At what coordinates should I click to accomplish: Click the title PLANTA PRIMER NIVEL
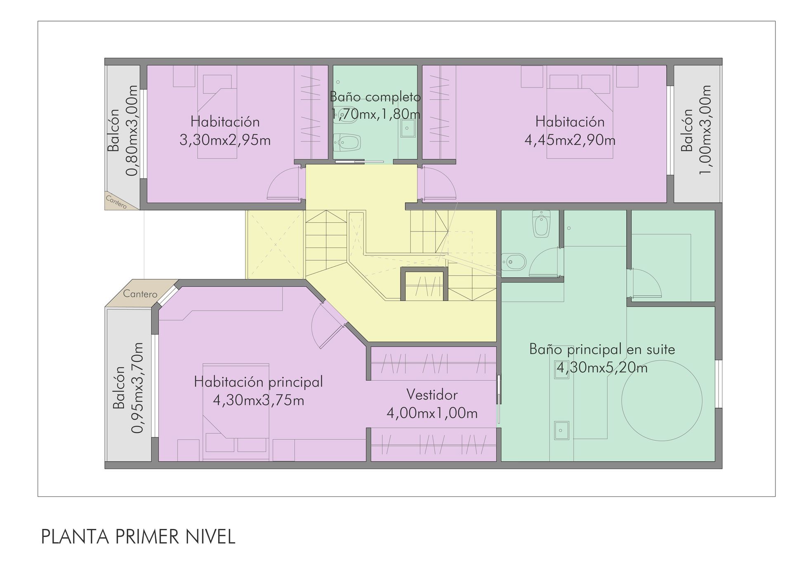pos(138,537)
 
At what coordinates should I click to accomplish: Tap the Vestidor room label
pos(432,395)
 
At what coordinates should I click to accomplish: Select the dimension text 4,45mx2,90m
pos(570,140)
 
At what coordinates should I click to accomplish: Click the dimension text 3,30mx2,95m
pos(225,140)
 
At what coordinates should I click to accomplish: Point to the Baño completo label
pos(375,97)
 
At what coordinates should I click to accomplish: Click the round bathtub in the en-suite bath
pos(662,401)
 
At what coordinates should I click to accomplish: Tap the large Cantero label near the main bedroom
pos(140,294)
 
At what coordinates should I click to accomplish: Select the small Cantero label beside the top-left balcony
pos(116,202)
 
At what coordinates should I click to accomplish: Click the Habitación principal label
pos(258,382)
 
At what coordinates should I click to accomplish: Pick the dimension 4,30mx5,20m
pos(602,367)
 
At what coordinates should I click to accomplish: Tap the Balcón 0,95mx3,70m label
pos(128,388)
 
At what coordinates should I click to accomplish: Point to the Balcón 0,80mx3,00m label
pos(123,130)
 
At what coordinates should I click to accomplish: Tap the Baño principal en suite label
pos(602,349)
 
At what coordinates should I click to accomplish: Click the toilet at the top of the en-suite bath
pos(541,224)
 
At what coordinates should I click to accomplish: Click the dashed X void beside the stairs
pos(276,245)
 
